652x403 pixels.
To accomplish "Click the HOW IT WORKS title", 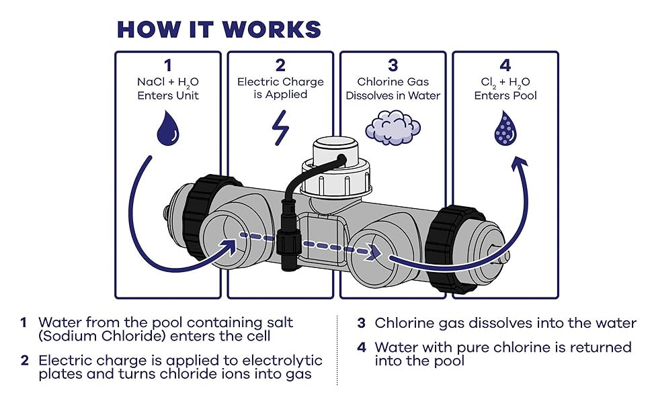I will [x=219, y=29].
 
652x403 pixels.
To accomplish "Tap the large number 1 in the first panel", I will [x=167, y=65].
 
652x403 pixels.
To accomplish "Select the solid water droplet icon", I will [x=167, y=128].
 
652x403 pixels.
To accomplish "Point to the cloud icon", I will [x=393, y=125].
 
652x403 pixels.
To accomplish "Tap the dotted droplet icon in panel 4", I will [x=505, y=128].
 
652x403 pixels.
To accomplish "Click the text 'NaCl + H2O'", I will [x=168, y=83].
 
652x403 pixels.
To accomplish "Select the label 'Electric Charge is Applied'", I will [x=280, y=88].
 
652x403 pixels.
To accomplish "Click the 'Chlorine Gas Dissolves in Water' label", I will [x=393, y=89].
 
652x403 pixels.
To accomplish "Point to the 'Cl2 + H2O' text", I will [x=505, y=83].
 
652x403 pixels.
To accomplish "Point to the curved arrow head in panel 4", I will [x=520, y=164].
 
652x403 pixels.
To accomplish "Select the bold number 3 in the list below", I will [x=361, y=323].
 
